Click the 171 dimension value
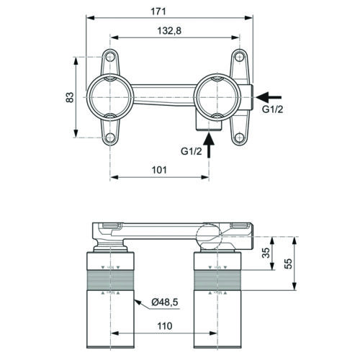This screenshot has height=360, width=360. coord(158,12)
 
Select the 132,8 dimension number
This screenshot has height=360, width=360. coord(169,31)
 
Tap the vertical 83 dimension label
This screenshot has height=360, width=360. coord(70,97)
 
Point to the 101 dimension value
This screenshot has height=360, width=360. coord(159,170)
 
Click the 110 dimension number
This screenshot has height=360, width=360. coord(165,326)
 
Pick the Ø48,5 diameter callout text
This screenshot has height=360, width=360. coord(165,302)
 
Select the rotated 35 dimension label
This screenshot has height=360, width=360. coord(266,253)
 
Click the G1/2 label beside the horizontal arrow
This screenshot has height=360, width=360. coord(273,109)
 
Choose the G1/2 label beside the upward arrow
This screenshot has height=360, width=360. coord(192,151)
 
